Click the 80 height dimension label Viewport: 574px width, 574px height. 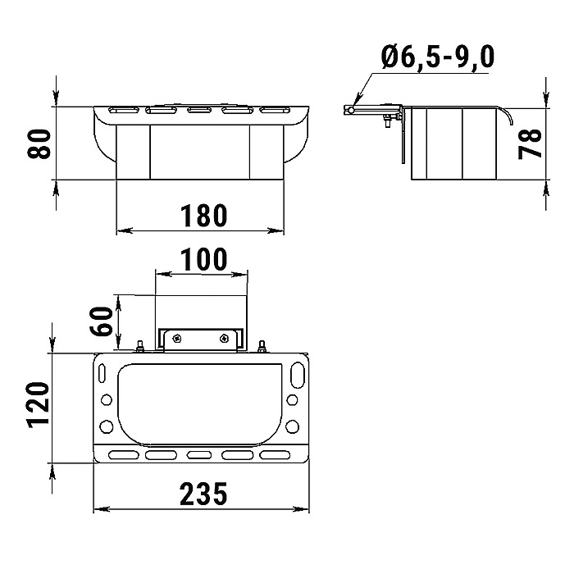click(x=39, y=143)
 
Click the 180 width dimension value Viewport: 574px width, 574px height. click(x=204, y=216)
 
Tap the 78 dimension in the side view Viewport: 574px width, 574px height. click(x=530, y=143)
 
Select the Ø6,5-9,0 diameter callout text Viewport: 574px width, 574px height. click(x=438, y=57)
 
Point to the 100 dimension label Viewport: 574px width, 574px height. click(x=204, y=259)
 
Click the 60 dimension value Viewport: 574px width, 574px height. click(x=100, y=321)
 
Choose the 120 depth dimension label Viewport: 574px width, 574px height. click(x=38, y=404)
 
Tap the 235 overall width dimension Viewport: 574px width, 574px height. click(x=203, y=494)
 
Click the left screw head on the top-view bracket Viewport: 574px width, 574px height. click(x=178, y=339)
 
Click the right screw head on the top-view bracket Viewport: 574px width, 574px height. click(x=224, y=339)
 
